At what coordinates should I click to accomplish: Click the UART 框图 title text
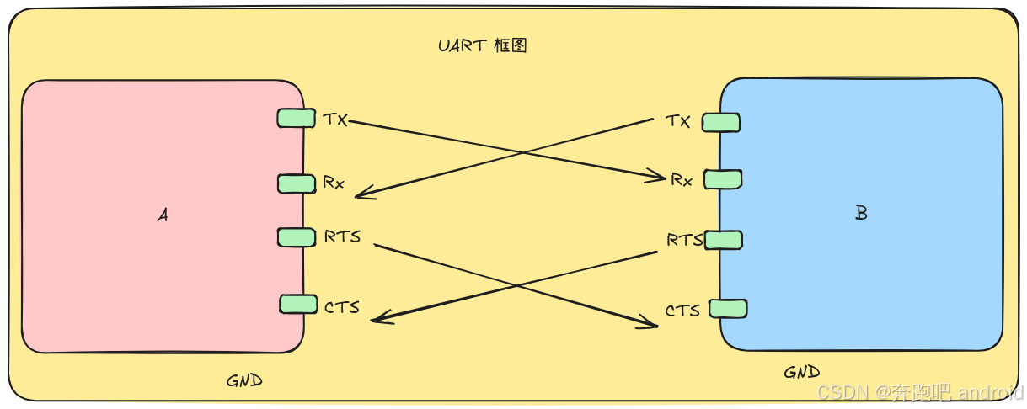point(482,45)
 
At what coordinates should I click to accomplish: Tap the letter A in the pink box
point(163,215)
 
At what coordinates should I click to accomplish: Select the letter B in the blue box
point(861,213)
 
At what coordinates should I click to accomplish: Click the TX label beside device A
point(335,119)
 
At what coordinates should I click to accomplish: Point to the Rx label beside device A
point(334,182)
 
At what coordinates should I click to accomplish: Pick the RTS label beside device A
point(342,236)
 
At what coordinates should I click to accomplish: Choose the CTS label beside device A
point(342,307)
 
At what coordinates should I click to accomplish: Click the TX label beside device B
point(677,121)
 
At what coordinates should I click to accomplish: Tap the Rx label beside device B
point(682,179)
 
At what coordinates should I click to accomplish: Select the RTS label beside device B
point(684,240)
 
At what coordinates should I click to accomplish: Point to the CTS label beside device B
point(682,311)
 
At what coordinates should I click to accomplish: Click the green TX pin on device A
point(296,118)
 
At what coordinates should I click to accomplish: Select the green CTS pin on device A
point(298,304)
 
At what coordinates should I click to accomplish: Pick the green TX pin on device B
point(720,122)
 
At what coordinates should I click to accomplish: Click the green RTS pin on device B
point(724,240)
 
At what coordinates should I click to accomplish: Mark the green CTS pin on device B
point(728,308)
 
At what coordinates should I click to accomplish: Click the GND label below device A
point(244,380)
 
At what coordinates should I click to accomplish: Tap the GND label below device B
point(801,372)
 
